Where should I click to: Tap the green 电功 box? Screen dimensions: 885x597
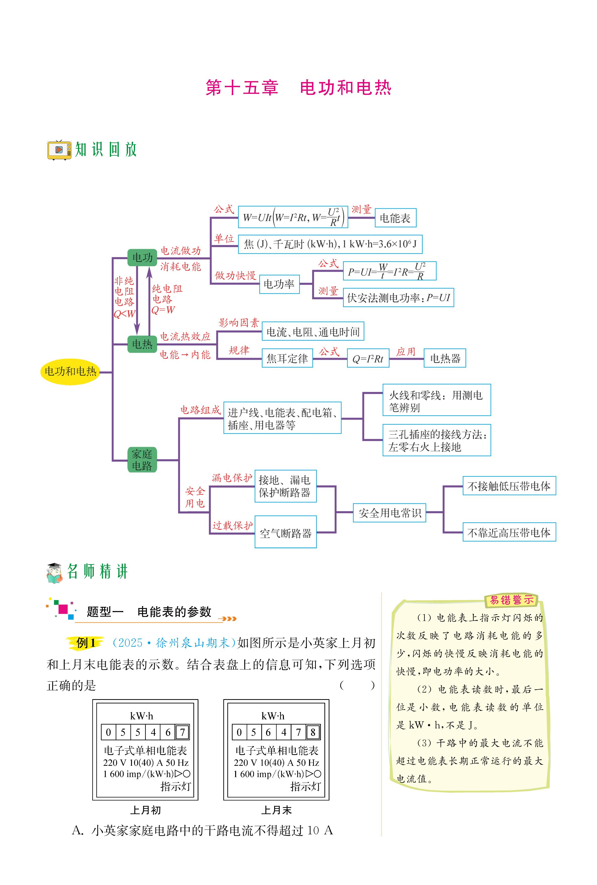coord(142,258)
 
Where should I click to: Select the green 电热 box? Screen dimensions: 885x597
coord(142,345)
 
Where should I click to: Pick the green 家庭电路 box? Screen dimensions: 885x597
coord(142,460)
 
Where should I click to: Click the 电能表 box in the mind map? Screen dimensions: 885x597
coord(395,218)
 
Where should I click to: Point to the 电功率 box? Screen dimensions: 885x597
coord(279,284)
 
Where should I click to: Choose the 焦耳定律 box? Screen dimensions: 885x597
coord(287,358)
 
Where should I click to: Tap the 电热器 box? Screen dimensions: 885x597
coord(445,358)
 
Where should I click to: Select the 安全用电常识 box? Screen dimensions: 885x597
coord(390,513)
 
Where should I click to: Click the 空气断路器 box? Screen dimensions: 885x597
coord(286,532)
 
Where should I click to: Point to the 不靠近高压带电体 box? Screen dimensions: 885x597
coord(509,532)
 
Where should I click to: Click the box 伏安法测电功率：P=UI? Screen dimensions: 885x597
coord(398,298)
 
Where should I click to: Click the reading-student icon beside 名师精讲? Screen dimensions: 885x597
coord(55,572)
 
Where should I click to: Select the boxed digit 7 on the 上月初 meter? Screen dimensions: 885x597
coord(182,732)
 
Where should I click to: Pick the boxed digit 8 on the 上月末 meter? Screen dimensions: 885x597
coord(313,732)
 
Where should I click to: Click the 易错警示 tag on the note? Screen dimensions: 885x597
coord(511,600)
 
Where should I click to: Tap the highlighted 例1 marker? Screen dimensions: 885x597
coord(86,643)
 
